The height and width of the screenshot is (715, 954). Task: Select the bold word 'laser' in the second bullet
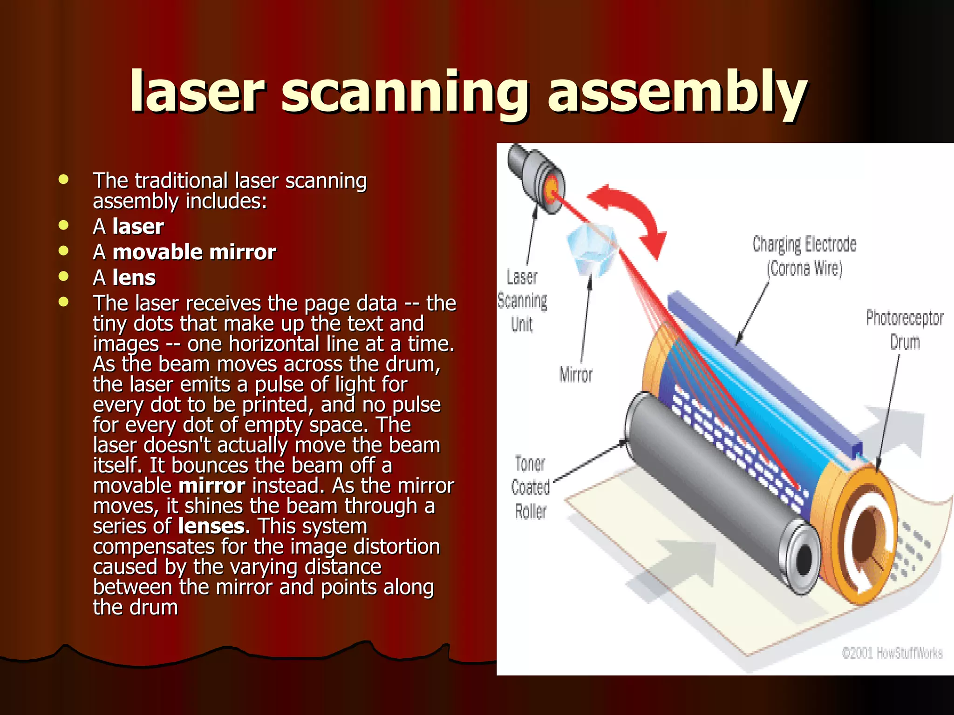point(138,227)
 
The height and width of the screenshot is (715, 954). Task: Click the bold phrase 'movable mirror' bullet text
point(194,252)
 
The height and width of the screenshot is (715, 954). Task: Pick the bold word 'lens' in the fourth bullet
point(134,278)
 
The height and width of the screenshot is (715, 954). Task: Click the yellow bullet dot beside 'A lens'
point(64,277)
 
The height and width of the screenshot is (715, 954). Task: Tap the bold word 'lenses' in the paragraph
point(211,526)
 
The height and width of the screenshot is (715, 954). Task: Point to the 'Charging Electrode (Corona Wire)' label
point(804,256)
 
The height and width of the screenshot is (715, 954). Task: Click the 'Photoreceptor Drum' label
point(904,330)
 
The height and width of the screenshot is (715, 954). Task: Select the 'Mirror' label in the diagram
point(576,375)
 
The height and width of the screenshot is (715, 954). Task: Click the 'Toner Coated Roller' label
point(530,487)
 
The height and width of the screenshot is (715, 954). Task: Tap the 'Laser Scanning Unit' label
point(522,301)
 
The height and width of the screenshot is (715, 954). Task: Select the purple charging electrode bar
point(764,368)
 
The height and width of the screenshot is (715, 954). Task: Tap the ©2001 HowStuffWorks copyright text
point(892,653)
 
